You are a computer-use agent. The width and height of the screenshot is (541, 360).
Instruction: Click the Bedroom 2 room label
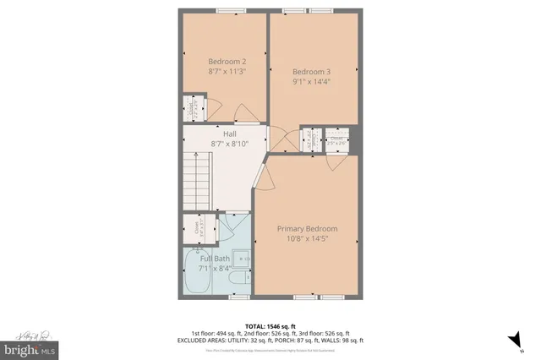coord(227,61)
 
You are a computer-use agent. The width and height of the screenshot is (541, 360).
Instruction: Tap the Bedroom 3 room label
coord(311,71)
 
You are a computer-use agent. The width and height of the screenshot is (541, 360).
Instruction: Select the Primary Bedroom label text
coord(308,228)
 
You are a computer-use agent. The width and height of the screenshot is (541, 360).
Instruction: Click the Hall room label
coord(229,134)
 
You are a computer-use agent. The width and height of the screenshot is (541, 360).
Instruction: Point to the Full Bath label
coord(215,258)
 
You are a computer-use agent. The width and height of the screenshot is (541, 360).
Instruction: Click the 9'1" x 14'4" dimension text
coord(311,82)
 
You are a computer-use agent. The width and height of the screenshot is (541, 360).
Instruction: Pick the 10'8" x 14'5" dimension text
coord(308,239)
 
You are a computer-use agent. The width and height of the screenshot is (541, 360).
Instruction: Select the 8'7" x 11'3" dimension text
coord(227,72)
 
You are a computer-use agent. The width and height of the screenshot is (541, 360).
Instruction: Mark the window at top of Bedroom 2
coord(227,11)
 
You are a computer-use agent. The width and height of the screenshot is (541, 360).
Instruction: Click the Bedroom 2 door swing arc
coord(214,106)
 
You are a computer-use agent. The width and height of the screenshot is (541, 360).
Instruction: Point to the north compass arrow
coord(511,340)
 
